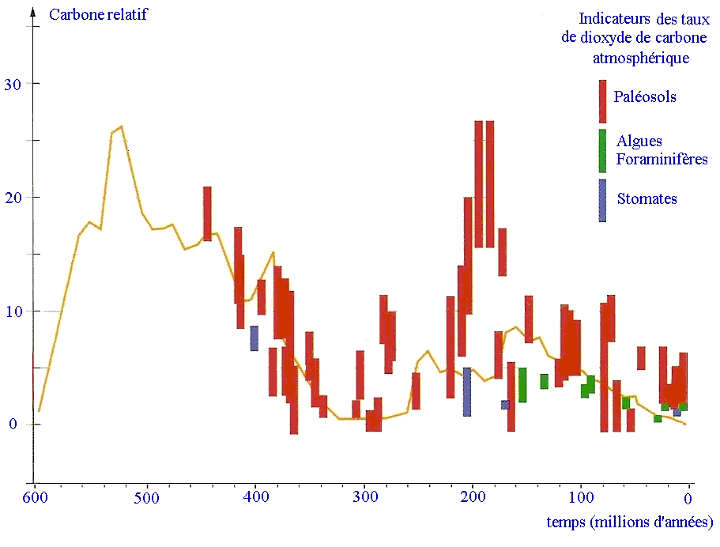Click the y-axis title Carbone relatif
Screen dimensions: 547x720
click(97, 14)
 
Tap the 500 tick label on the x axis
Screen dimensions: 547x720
click(145, 499)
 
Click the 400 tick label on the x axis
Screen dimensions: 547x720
click(254, 499)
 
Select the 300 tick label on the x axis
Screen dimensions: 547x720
click(364, 499)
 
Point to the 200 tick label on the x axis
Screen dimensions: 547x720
click(473, 499)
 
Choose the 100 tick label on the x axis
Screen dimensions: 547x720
click(581, 499)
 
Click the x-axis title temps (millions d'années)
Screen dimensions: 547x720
click(630, 522)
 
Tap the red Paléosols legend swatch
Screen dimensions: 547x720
click(602, 100)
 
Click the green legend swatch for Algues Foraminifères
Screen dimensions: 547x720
click(602, 150)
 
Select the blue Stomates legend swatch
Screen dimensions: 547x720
click(602, 200)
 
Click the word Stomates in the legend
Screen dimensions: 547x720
click(646, 199)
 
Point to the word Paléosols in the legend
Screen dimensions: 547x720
click(646, 98)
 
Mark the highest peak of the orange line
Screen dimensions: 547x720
click(121, 126)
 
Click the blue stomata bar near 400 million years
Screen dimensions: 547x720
click(254, 338)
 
